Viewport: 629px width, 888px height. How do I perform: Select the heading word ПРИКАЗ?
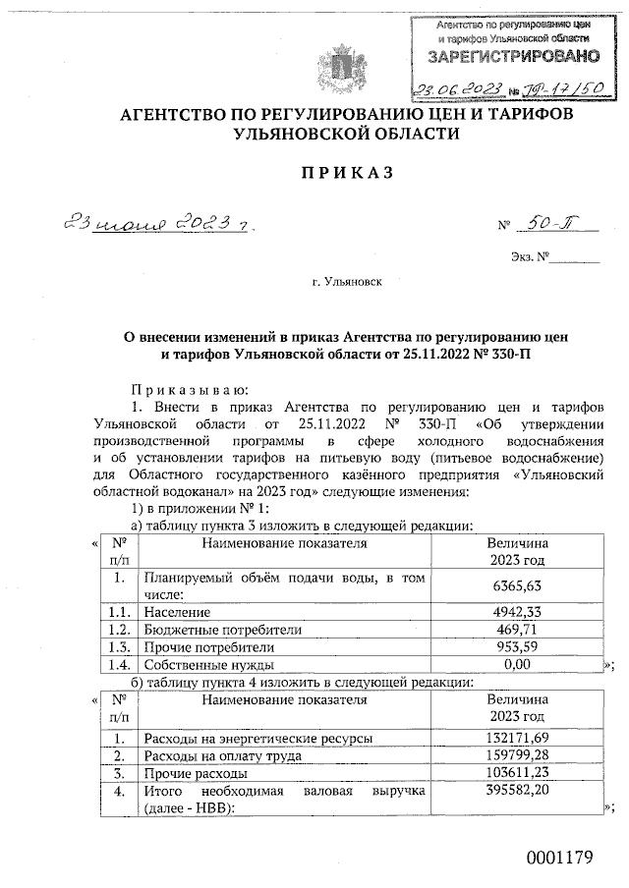[314, 172]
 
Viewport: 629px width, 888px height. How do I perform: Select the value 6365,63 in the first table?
[517, 586]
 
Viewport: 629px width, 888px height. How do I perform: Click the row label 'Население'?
[178, 611]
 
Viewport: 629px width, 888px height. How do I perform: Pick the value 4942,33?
[517, 611]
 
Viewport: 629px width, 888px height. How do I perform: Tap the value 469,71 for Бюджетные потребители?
[517, 629]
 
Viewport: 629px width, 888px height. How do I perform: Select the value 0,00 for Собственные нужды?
[517, 665]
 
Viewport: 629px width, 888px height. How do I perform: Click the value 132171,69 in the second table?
[517, 737]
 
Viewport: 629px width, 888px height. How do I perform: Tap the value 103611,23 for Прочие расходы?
[517, 773]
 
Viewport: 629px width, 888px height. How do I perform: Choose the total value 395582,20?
[517, 791]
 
